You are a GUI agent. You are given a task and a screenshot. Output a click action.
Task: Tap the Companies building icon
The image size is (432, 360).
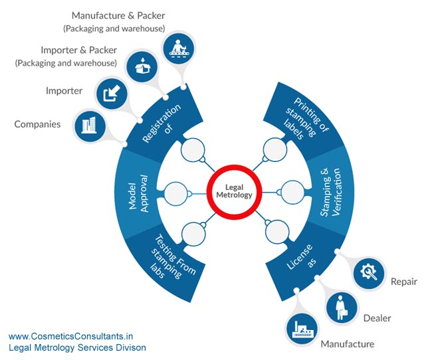[89, 126]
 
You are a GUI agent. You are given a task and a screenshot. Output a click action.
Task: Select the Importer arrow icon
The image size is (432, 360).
[112, 94]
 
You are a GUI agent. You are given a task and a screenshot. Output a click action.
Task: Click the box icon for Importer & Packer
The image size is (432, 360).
[142, 66]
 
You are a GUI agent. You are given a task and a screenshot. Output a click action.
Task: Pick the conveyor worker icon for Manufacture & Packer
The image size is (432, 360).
[179, 48]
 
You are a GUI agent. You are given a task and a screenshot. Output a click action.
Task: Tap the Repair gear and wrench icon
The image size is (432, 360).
[369, 273]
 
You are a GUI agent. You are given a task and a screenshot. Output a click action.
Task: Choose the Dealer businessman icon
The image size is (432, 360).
[342, 308]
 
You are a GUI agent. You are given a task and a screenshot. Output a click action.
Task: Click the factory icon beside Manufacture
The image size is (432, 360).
[302, 329]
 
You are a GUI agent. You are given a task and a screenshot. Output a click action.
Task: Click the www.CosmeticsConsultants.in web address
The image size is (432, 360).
[71, 336]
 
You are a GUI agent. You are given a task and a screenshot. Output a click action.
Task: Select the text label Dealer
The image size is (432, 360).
[378, 318]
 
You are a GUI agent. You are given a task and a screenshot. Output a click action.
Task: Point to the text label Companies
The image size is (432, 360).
[37, 124]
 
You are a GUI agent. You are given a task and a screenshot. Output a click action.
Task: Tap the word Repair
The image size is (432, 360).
[404, 282]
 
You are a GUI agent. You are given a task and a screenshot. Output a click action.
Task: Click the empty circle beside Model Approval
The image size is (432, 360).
[175, 193]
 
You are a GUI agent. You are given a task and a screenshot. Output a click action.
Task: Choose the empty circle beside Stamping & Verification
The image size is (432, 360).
[293, 192]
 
